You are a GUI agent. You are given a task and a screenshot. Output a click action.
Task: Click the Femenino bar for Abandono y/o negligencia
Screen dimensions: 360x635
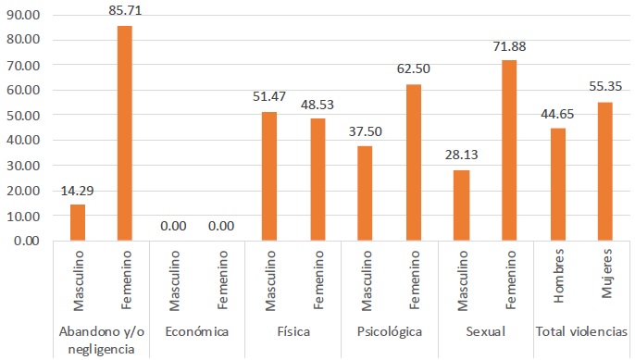(124, 133)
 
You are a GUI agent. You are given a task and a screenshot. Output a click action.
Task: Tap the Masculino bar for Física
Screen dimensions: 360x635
(268, 176)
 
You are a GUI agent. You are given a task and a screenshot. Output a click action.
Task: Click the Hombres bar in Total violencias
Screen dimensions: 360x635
(557, 184)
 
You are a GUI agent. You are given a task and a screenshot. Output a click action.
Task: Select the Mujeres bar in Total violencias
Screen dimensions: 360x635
(605, 171)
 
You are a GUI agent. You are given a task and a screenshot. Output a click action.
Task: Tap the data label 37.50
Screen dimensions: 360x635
(365, 130)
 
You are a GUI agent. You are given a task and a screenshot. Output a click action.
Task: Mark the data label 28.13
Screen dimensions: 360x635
(461, 155)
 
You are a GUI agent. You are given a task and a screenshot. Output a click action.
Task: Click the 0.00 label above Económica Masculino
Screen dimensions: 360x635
(172, 225)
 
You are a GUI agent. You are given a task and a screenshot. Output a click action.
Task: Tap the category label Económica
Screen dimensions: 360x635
(196, 331)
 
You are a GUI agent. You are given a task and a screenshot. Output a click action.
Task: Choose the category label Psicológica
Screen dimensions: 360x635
(389, 331)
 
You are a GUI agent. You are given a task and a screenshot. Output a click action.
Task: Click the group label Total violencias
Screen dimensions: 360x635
(581, 331)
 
